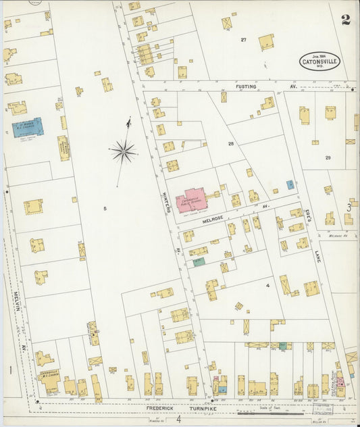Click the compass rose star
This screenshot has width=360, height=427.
click(123, 151)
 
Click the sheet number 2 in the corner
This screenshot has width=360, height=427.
click(346, 19)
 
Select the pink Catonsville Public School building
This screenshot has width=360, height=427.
click(192, 201)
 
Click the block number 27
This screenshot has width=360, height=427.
click(243, 40)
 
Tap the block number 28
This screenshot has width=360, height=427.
click(230, 145)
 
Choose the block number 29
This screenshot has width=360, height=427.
click(328, 157)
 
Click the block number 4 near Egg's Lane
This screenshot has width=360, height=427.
click(267, 286)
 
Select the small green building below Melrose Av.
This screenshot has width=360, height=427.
click(199, 261)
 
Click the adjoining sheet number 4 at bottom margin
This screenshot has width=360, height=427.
click(179, 420)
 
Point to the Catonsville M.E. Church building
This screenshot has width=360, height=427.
click(49, 381)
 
